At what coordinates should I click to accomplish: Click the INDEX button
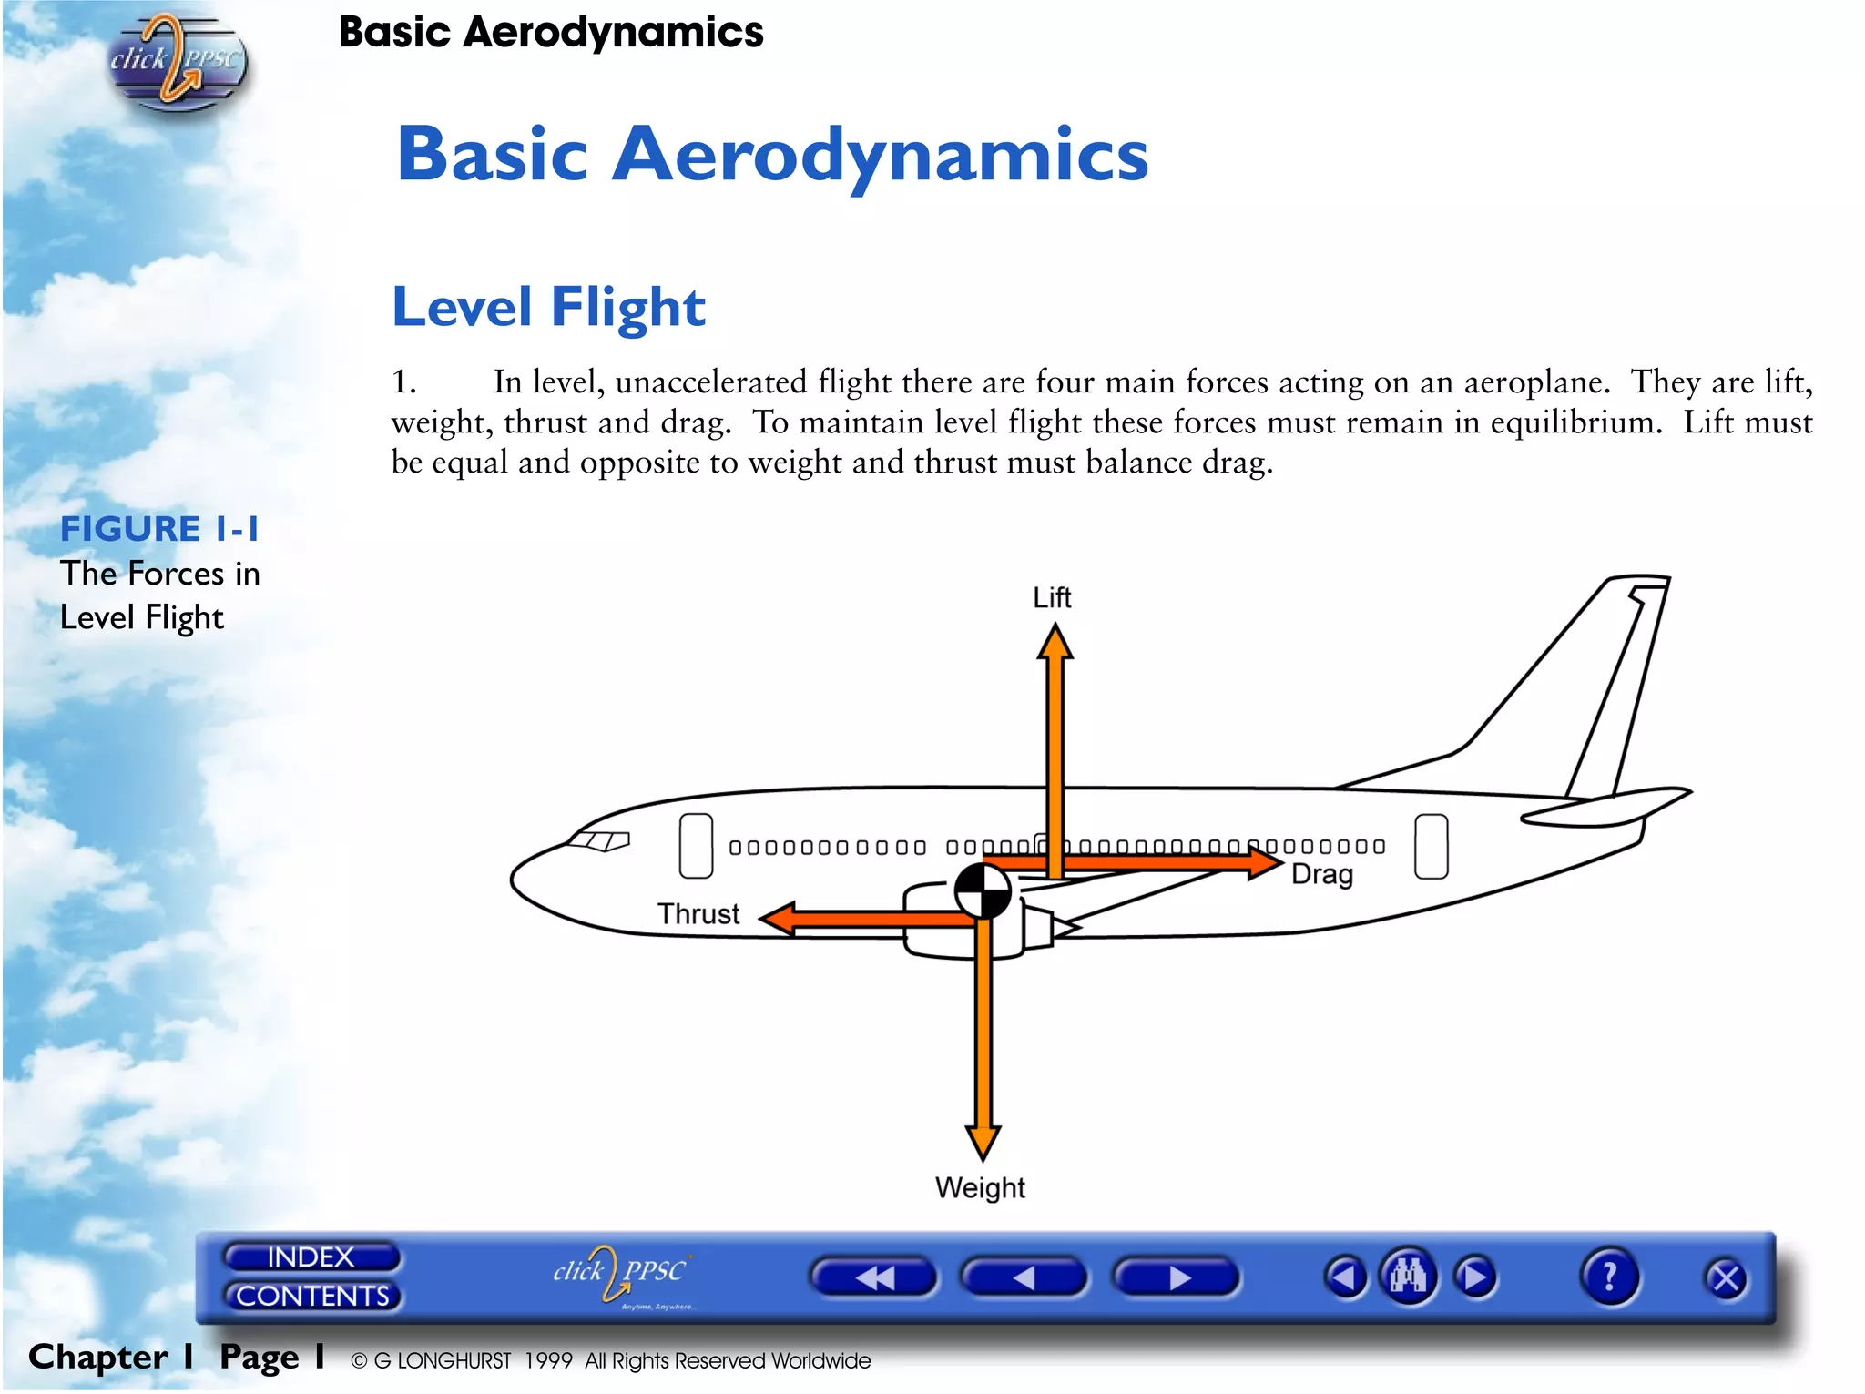[x=311, y=1257]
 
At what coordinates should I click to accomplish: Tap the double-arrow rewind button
[x=873, y=1277]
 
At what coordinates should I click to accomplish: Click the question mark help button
[x=1609, y=1277]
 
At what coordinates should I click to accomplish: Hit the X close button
[x=1725, y=1279]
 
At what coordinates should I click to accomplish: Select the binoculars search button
[x=1408, y=1277]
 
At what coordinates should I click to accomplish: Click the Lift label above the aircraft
[x=1052, y=598]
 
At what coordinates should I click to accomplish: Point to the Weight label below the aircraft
[x=980, y=1187]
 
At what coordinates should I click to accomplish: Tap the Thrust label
[x=698, y=913]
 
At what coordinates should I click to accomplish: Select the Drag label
[x=1322, y=874]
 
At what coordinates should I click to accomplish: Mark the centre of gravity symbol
[x=983, y=890]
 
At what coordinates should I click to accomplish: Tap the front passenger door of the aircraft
[x=696, y=846]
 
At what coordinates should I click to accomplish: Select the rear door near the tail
[x=1431, y=847]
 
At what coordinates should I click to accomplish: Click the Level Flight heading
[x=548, y=307]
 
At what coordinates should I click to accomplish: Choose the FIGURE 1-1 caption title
[x=159, y=529]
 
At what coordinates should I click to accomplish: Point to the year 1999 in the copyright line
[x=548, y=1360]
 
